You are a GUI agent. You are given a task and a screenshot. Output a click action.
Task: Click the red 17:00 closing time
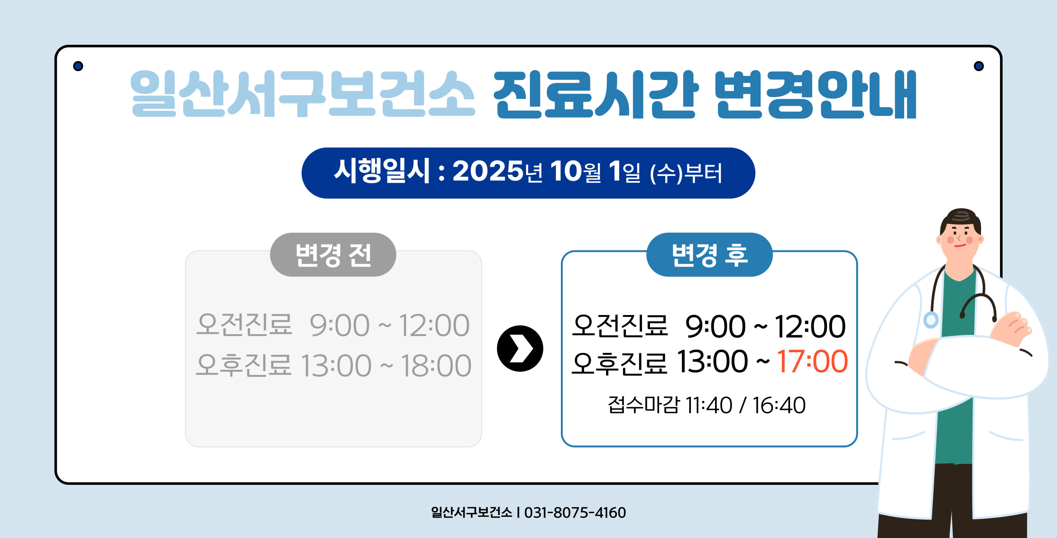[x=812, y=362]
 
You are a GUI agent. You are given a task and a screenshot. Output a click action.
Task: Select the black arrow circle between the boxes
[x=520, y=349]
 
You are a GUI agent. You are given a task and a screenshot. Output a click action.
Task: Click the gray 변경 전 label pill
[x=333, y=255]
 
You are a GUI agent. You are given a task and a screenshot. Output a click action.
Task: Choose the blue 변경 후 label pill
[x=709, y=255]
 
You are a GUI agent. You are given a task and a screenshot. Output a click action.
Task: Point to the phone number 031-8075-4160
[x=575, y=512]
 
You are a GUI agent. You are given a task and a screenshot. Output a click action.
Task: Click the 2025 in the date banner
[x=487, y=171]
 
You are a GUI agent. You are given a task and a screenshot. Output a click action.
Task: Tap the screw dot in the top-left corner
[x=78, y=66]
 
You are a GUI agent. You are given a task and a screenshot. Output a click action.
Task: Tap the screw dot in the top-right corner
[x=979, y=66]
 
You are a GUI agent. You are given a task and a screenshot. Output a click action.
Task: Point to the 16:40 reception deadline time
[x=779, y=405]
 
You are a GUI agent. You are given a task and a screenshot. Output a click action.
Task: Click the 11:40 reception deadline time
[x=709, y=405]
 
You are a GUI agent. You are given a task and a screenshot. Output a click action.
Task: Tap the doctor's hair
[x=961, y=218]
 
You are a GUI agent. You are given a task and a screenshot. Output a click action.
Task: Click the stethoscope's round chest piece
[x=931, y=320]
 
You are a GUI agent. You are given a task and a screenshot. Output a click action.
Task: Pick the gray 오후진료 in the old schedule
[x=244, y=365]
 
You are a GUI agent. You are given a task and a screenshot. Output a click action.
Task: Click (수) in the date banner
[x=666, y=173]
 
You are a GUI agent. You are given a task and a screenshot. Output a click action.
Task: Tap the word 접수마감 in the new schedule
[x=644, y=405]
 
